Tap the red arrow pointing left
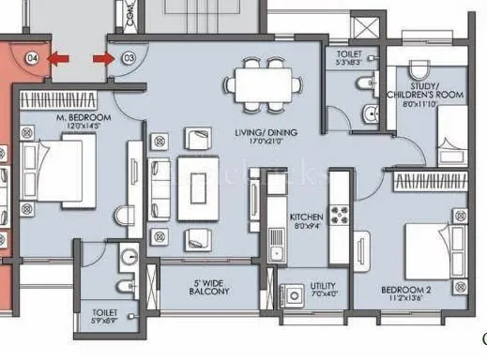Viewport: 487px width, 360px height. click(x=58, y=59)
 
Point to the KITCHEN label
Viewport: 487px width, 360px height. click(x=306, y=216)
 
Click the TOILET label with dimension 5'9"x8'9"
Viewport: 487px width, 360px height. click(x=106, y=315)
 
